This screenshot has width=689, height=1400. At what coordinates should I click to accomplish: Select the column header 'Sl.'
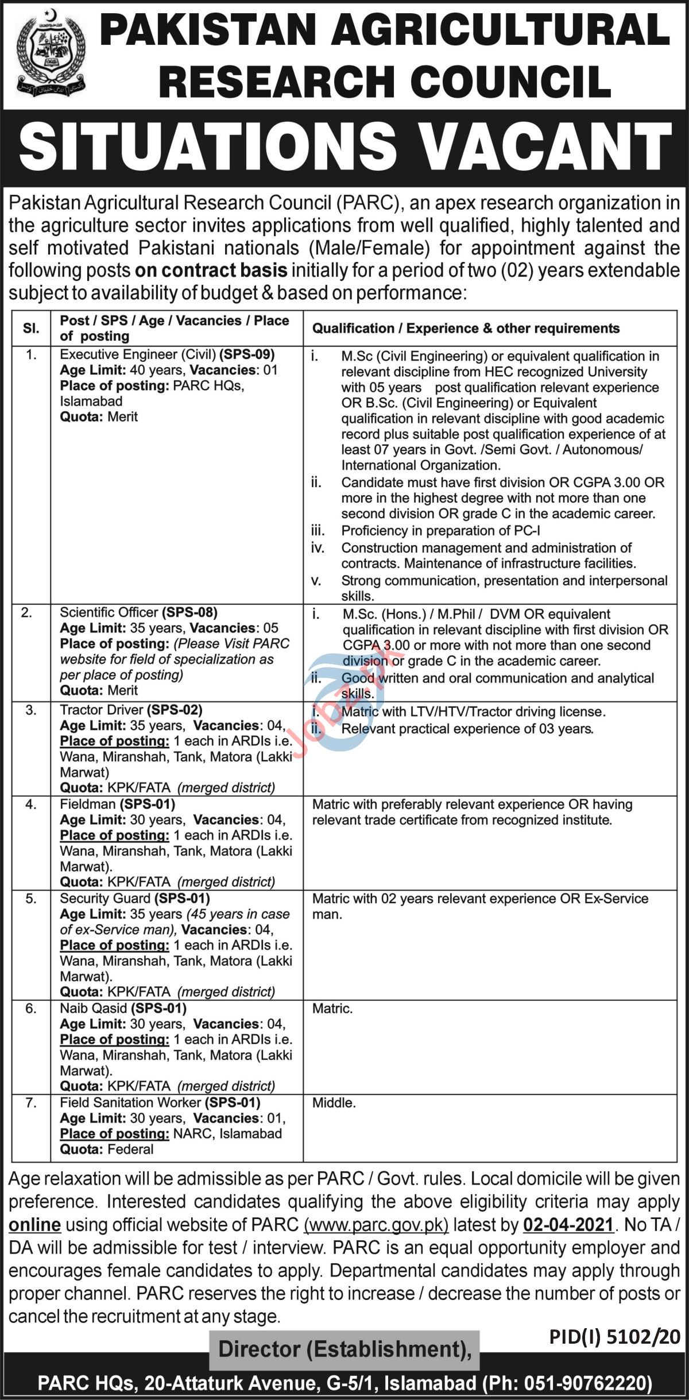click(31, 329)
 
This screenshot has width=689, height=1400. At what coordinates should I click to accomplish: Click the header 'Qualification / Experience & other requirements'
click(466, 329)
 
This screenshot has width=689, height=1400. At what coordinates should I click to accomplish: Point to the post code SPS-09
click(250, 354)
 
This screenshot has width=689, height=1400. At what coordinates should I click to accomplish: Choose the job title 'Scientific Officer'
click(109, 612)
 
